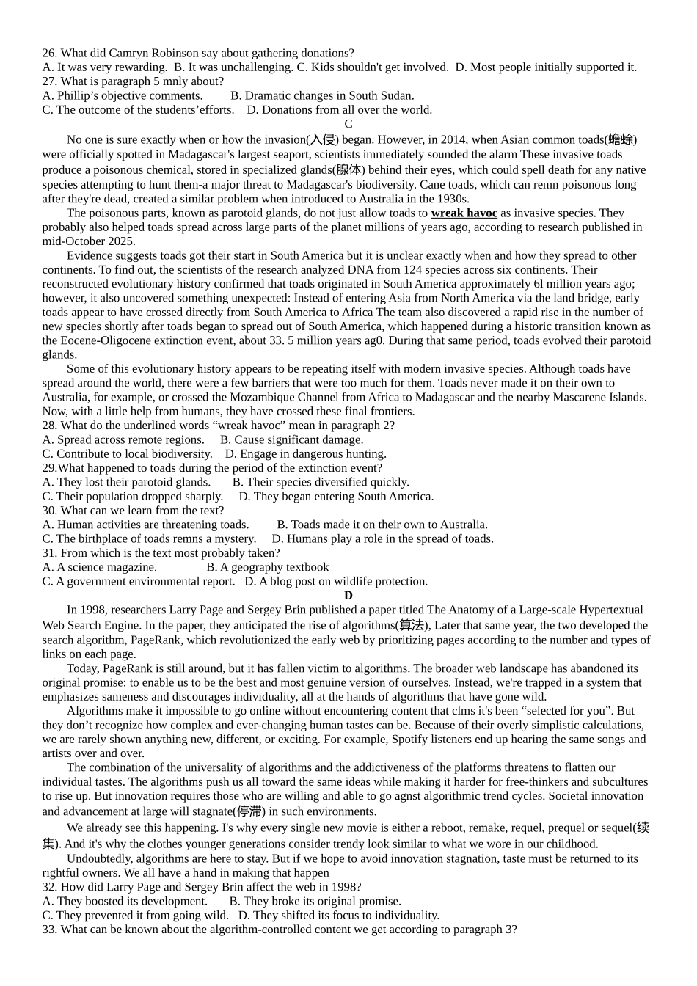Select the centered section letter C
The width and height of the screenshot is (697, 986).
tap(348, 124)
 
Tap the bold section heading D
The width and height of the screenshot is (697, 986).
tap(348, 596)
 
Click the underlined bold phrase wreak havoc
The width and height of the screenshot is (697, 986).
tap(464, 213)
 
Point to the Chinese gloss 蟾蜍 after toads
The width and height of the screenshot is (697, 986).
tap(621, 139)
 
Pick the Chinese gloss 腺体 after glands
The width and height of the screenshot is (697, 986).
tap(348, 170)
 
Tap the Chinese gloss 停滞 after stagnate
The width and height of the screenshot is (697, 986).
tap(249, 811)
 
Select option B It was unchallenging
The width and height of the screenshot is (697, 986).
tap(233, 67)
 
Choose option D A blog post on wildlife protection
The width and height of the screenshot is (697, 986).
tap(336, 582)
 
